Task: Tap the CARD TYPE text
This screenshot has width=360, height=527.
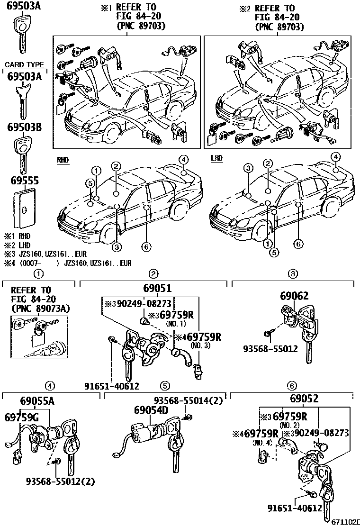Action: [x=24, y=65]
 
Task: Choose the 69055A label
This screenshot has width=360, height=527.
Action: [x=37, y=402]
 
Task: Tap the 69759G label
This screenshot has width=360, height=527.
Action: [x=22, y=418]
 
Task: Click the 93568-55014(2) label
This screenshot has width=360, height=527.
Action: [x=188, y=400]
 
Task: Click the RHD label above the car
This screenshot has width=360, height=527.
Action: [x=63, y=161]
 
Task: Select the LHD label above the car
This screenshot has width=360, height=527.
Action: [x=216, y=158]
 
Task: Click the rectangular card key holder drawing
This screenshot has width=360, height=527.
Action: [x=24, y=209]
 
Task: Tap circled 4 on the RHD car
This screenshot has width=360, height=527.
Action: [x=183, y=159]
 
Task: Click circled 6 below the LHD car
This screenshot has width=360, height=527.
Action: [x=297, y=244]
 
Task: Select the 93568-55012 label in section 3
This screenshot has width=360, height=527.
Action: [x=270, y=349]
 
